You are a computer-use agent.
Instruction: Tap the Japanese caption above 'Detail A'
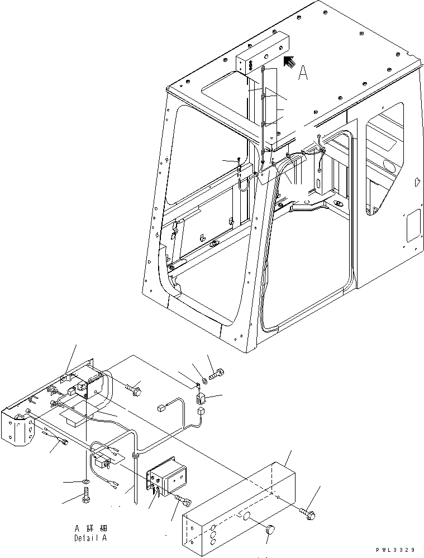[x=93, y=528]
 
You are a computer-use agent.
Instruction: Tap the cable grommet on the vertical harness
[x=135, y=456]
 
